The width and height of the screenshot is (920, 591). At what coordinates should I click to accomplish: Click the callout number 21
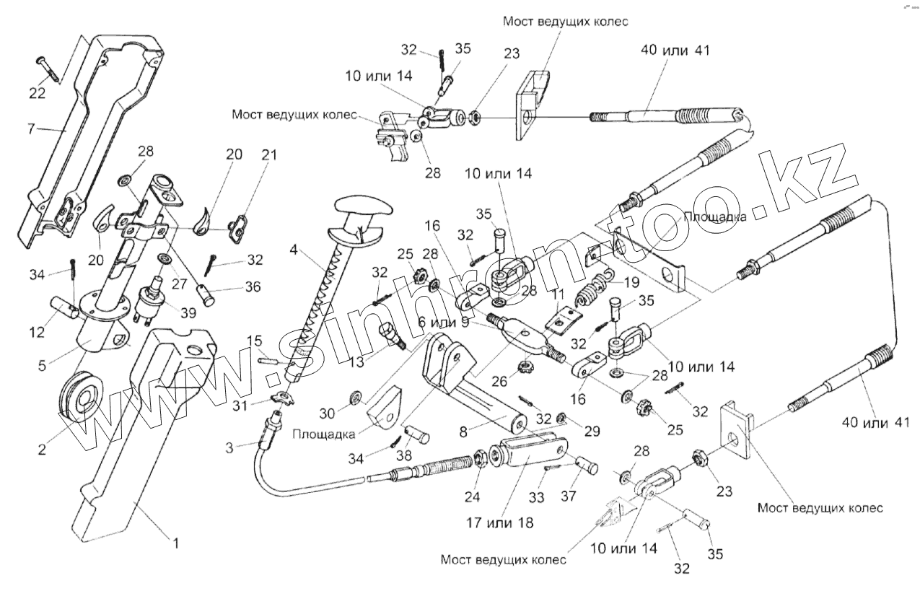[x=249, y=155]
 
